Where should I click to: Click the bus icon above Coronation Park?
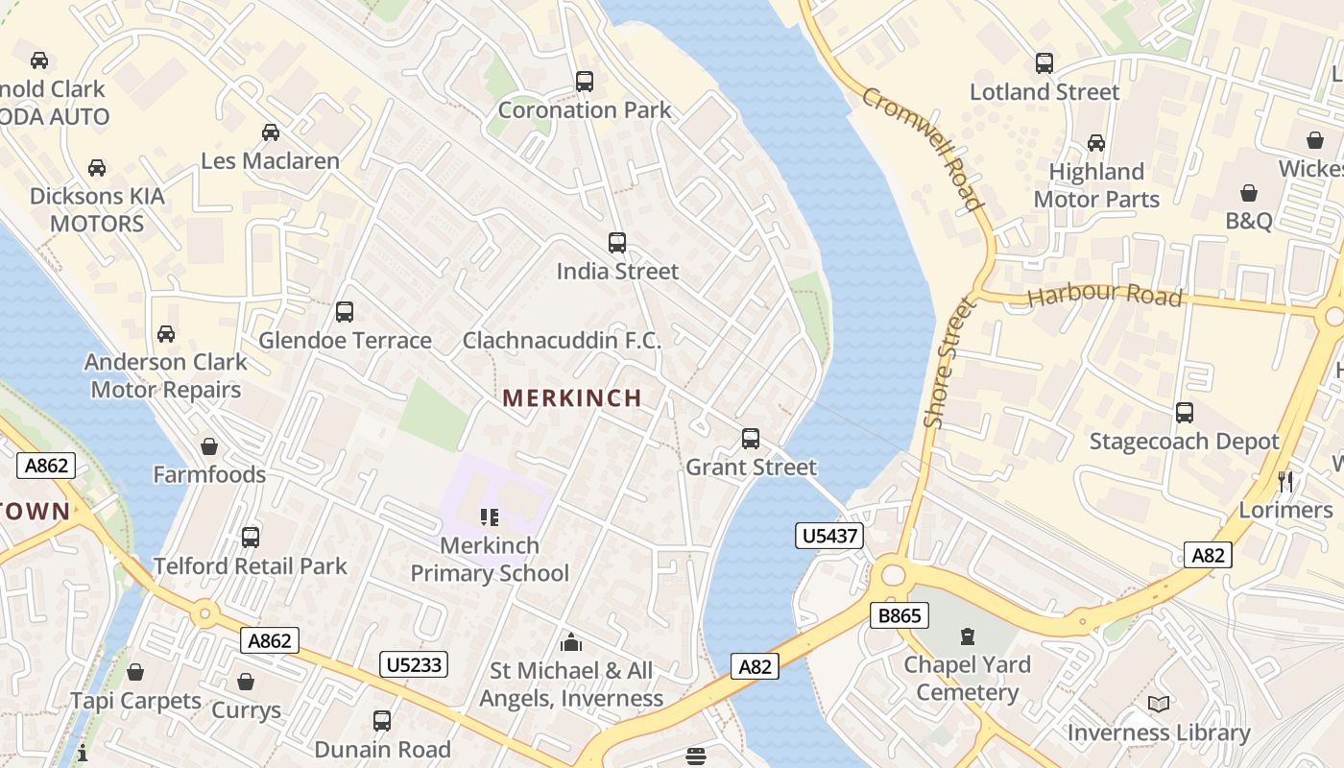585,82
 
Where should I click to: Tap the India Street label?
617,272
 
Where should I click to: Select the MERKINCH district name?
572,398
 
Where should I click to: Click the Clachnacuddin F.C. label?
562,341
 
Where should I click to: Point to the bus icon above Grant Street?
751,439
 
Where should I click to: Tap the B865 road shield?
900,615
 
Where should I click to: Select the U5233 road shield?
415,663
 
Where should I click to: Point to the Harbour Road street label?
1104,295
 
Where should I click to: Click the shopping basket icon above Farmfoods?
209,446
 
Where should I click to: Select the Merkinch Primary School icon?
490,518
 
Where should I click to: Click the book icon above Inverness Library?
1159,705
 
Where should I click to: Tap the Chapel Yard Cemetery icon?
967,636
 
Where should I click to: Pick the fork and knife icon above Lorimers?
1285,481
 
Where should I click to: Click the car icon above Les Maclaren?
271,132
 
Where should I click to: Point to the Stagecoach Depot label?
1184,442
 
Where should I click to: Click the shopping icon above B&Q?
1248,193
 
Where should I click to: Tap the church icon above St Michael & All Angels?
571,642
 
